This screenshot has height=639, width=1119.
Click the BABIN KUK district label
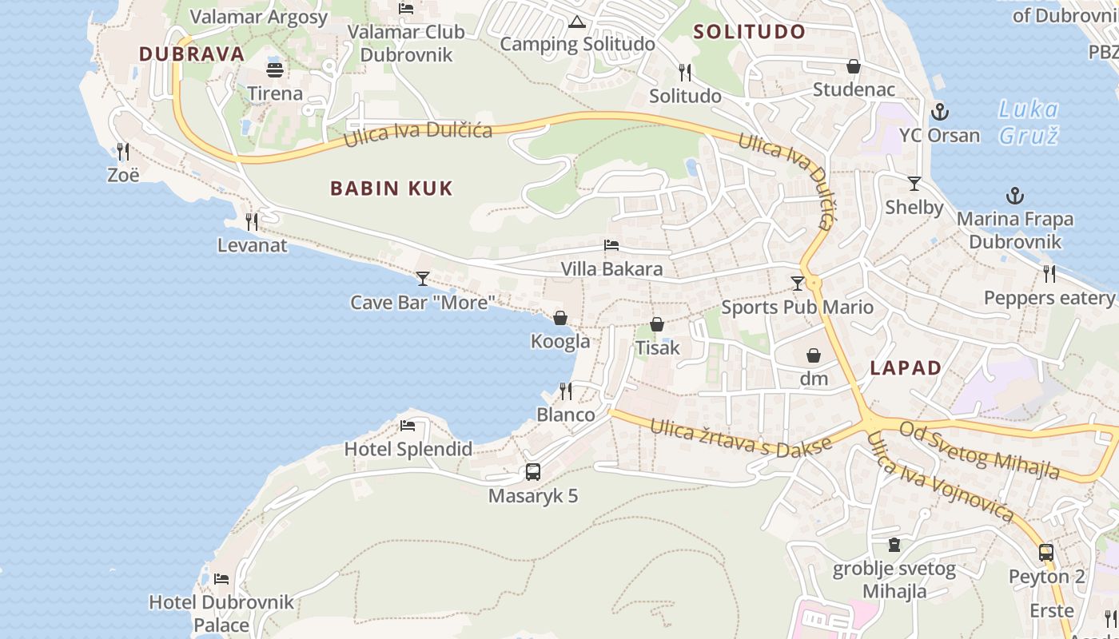392,189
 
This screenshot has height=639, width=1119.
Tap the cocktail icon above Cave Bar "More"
423,279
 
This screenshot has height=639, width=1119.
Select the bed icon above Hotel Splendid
408,425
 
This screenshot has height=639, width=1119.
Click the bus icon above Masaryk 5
533,471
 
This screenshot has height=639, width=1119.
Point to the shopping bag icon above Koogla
560,318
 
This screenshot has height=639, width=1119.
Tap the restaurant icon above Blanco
566,391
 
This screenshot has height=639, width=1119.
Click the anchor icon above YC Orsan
940,112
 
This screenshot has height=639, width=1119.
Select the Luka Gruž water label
1029,121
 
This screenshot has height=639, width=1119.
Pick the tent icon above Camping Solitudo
577,22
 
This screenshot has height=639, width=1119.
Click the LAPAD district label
906,368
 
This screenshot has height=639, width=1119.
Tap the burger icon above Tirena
275,69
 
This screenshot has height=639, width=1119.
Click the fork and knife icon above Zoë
123,150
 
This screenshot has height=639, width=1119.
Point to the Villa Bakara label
611,269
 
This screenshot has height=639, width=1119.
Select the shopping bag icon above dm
814,355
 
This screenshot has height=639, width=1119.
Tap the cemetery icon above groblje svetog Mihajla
894,545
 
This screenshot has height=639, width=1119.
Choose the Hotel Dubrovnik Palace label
221,613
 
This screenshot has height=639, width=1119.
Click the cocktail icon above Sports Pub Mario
797,283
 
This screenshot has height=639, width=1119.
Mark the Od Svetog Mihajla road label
979,450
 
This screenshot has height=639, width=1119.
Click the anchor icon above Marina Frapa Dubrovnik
1014,195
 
